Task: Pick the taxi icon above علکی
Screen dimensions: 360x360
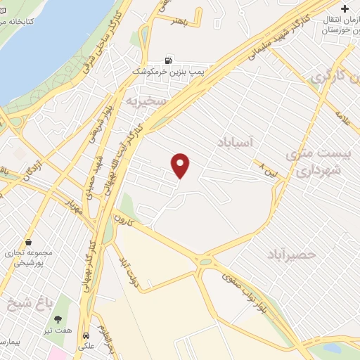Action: pyautogui.click(x=86, y=336)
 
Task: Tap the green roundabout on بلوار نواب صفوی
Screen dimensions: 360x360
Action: pyautogui.click(x=205, y=262)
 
